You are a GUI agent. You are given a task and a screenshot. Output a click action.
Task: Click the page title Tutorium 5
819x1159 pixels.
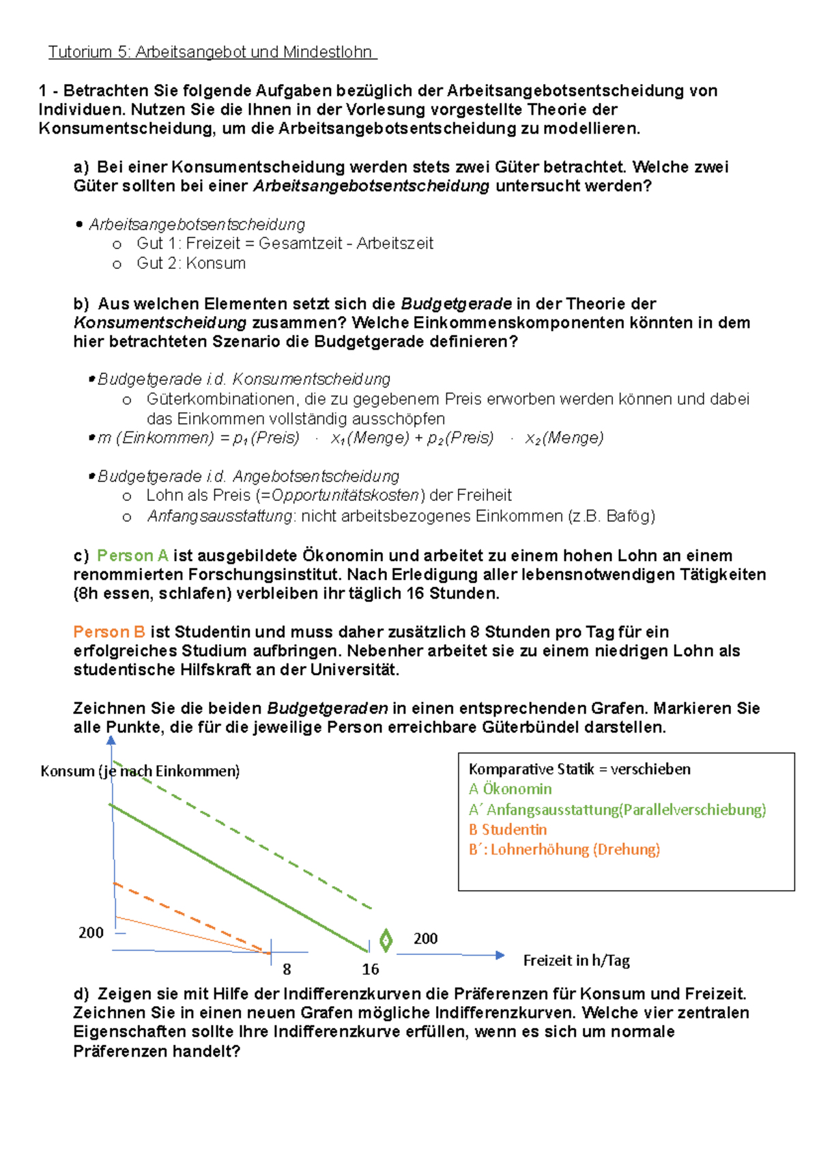pos(212,52)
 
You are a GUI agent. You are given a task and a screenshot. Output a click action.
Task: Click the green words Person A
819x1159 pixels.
pos(132,556)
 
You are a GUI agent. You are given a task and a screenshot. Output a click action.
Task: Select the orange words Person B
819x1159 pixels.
pos(109,632)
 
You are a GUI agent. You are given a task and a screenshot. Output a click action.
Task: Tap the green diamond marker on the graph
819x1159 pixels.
pos(386,940)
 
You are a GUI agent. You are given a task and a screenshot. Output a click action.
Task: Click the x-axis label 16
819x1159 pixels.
pos(371,969)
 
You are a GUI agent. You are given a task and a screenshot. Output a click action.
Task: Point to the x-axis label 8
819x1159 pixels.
pos(287,969)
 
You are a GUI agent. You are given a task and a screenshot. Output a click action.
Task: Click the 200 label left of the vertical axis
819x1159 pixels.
pos(91,932)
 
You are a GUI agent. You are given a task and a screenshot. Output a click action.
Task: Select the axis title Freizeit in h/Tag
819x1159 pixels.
pos(576,960)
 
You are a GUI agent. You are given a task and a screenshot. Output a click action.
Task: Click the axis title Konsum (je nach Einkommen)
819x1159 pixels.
pos(140,771)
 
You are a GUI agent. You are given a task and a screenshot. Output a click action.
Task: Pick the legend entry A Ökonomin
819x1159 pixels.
pos(510,789)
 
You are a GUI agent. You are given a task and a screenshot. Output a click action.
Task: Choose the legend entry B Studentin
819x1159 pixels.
pos(508,829)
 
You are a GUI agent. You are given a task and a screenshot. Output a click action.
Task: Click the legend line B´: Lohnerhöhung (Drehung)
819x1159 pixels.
pos(564,850)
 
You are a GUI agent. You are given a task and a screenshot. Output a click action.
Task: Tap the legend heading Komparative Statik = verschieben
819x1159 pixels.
pos(579,769)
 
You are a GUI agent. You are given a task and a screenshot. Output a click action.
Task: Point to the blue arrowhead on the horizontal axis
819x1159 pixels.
pos(500,955)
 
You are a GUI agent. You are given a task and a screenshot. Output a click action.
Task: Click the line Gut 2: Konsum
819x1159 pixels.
pos(191,263)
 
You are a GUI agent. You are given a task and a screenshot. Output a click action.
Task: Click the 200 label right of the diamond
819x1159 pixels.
pos(425,939)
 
